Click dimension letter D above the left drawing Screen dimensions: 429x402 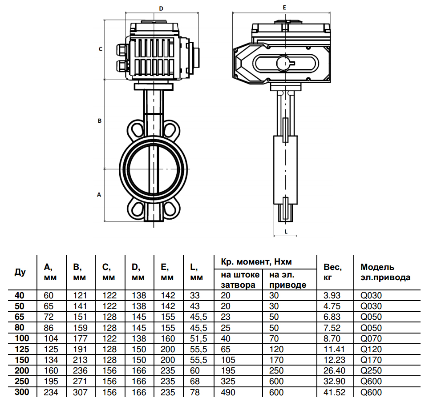point(161,8)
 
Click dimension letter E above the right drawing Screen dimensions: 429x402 point(284,8)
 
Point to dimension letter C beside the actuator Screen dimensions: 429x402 point(101,49)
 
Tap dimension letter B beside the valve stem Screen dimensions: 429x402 point(100,121)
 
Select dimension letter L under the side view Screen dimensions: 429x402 point(286,232)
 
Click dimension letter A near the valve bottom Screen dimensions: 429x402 point(99,195)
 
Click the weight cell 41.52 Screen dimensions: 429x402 point(334,392)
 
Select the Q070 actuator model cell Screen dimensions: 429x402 point(371,338)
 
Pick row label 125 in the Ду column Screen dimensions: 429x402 point(22,349)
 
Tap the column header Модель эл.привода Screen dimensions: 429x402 point(385,272)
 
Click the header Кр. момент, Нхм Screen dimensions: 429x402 point(256,262)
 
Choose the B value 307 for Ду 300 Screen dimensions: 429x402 point(80,392)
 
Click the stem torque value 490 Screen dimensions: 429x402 point(228,392)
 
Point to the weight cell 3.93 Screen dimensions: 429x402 point(332,295)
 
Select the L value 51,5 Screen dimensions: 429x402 point(198,338)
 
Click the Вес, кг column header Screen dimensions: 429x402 point(332,272)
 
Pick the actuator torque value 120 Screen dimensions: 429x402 point(276,349)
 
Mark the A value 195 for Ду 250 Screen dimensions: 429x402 point(51,381)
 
